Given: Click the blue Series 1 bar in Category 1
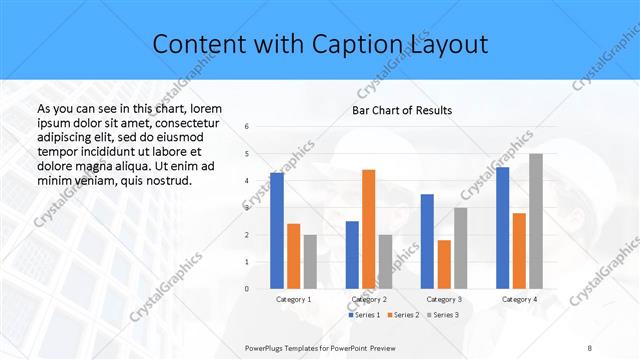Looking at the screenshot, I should [277, 231].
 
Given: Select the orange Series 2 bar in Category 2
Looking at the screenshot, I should [368, 229].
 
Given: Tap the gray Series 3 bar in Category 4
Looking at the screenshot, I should [536, 221].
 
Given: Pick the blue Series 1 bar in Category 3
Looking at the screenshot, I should [427, 241].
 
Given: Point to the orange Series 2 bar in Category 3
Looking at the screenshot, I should [444, 264].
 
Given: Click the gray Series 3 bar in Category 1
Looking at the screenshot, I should [310, 261].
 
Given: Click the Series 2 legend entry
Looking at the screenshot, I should [401, 315].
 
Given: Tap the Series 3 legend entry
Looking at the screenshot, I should [440, 315].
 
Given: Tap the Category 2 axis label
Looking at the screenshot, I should [368, 299].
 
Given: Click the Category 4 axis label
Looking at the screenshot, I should [519, 299].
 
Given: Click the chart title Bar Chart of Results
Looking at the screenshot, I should [401, 110].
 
